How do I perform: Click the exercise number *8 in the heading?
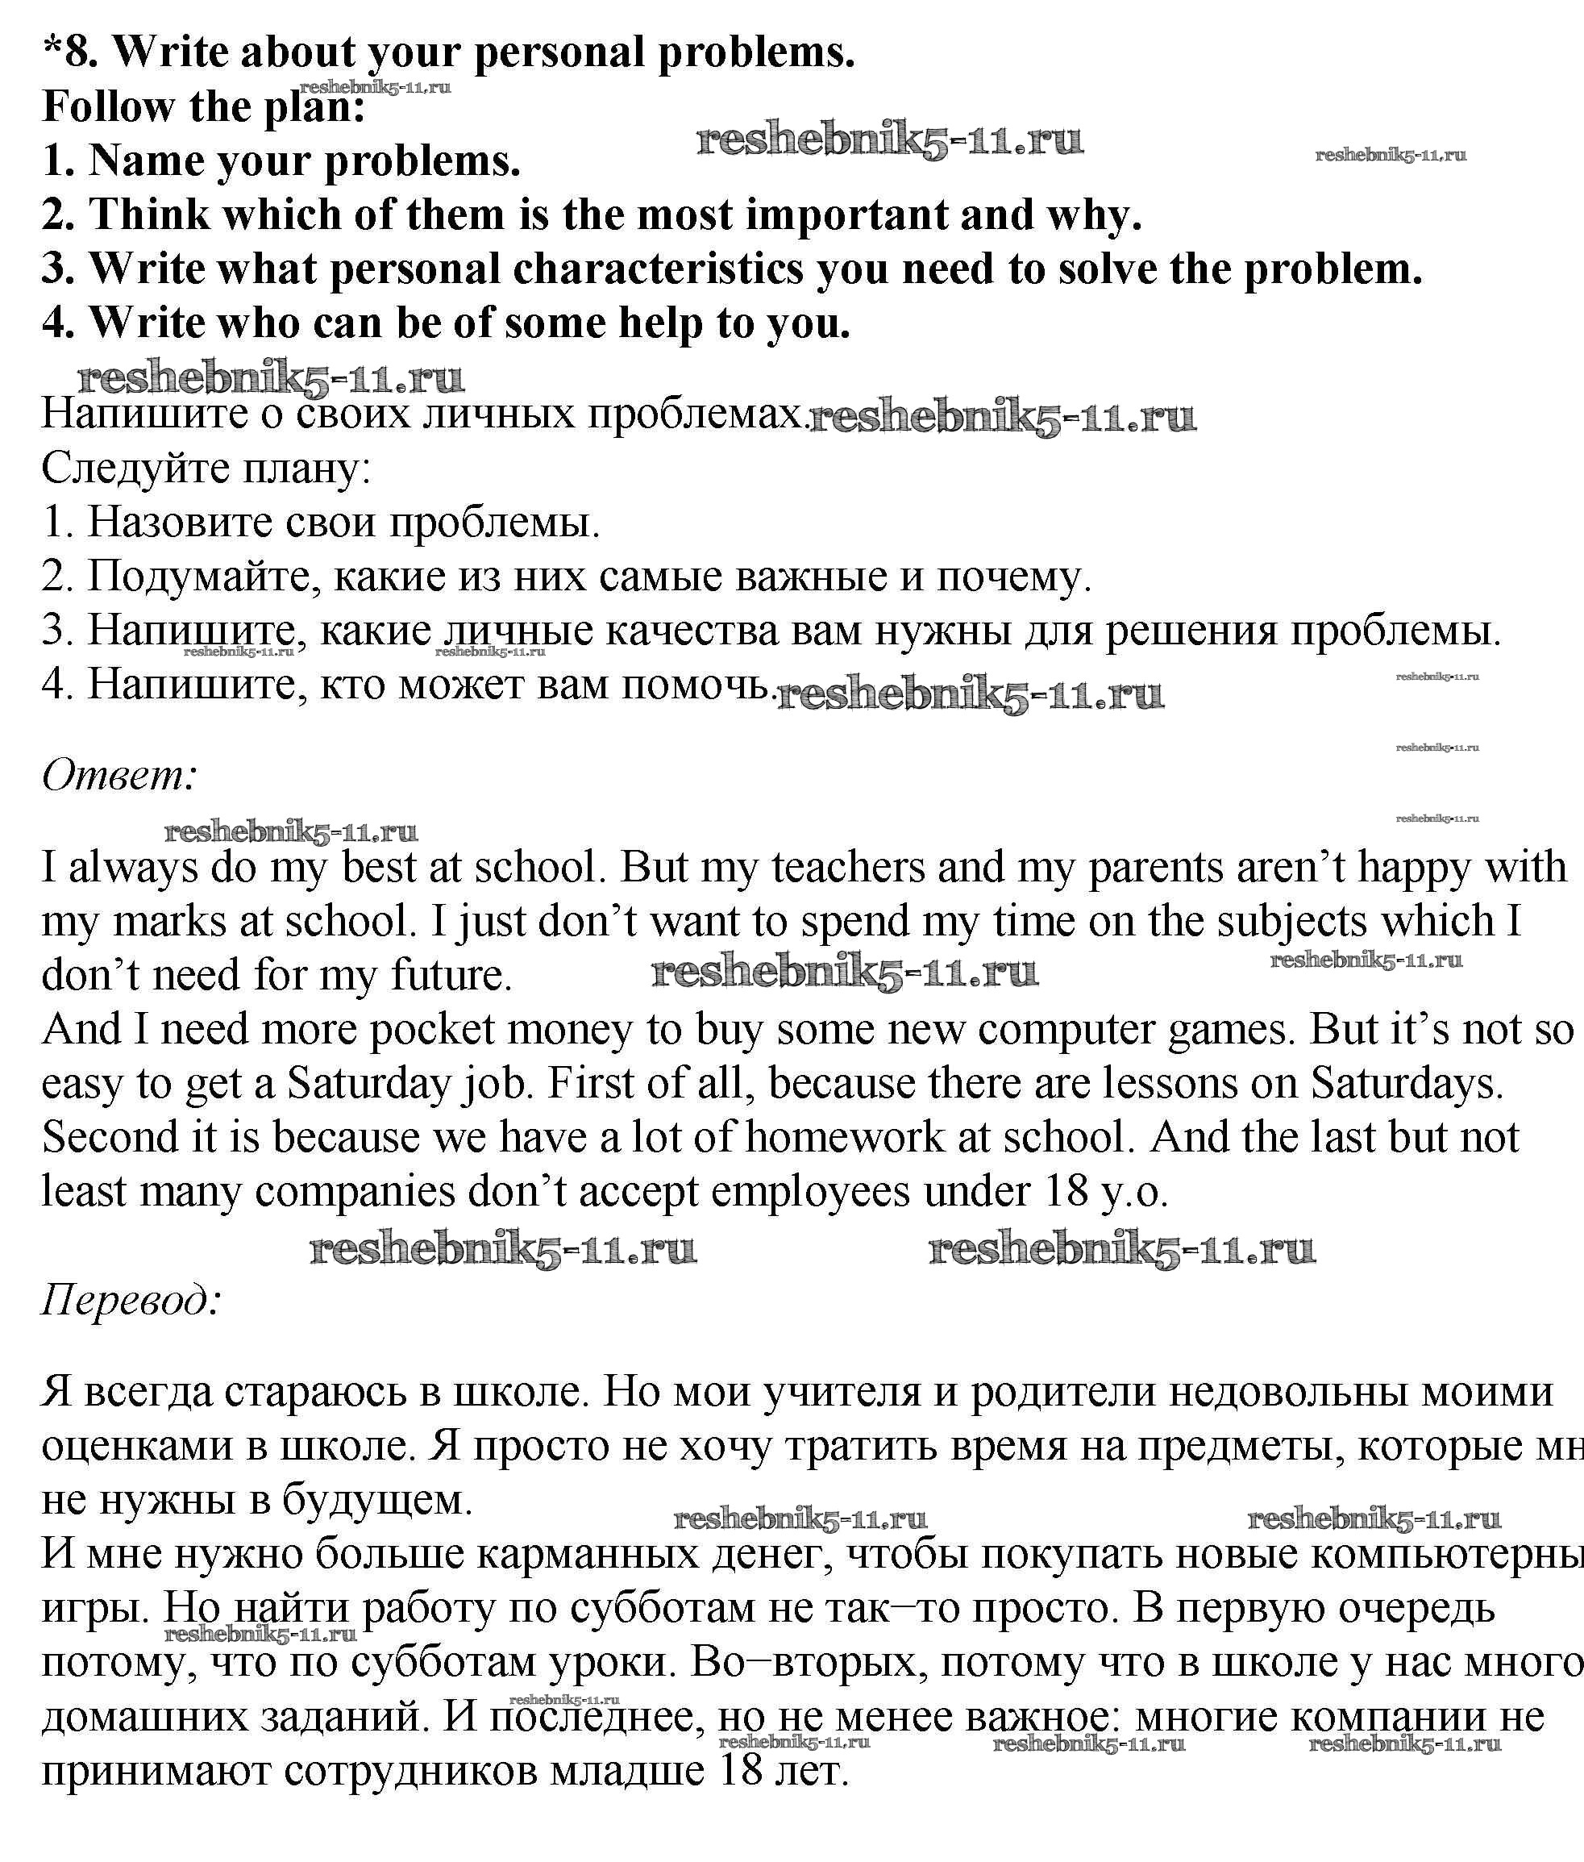71,52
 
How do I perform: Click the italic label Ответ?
119,774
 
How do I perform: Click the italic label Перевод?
131,1299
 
